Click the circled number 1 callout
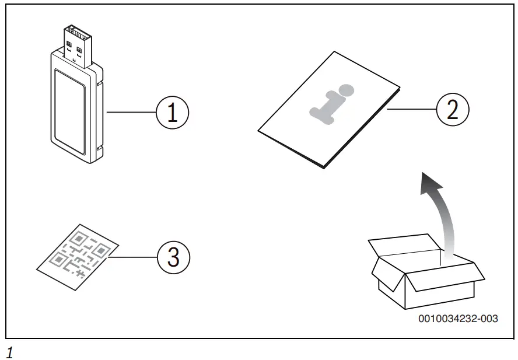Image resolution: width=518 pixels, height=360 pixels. [172, 112]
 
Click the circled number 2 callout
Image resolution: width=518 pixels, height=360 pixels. [453, 110]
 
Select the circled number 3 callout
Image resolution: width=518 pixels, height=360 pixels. [173, 257]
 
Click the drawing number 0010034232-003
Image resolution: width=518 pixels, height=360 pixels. [457, 319]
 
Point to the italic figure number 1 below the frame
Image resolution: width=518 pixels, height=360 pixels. [9, 352]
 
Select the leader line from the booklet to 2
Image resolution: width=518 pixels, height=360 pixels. [411, 109]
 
